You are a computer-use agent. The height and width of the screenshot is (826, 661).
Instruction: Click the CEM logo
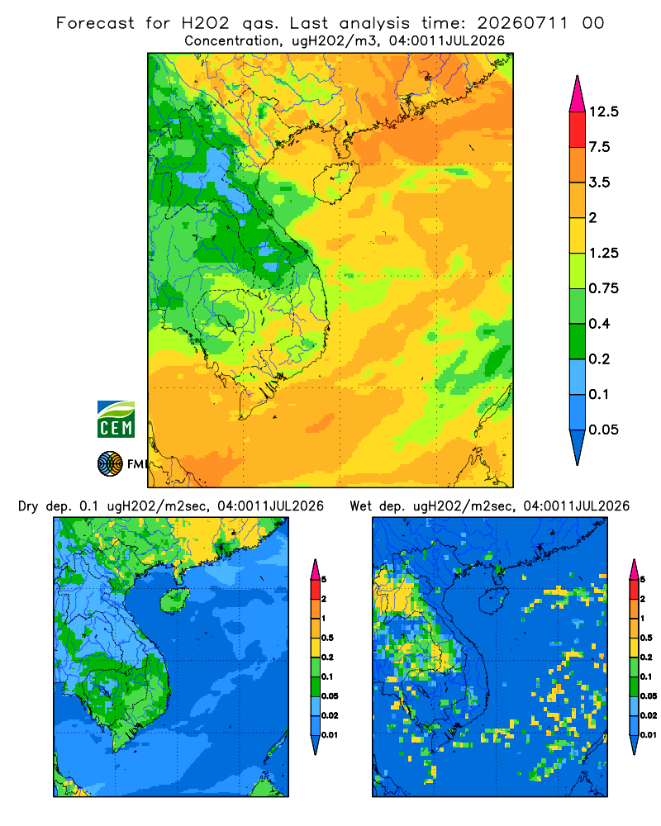coord(116,420)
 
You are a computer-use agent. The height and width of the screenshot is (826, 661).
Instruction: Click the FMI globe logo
coord(110,464)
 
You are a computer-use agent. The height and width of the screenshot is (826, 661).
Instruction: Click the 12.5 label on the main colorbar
coord(603,112)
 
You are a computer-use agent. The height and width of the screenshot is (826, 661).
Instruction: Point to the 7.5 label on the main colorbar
coord(599,147)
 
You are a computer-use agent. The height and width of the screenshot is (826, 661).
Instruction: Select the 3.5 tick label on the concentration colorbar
coord(599,183)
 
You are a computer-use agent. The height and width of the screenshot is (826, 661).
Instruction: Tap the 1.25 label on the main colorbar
coord(603,253)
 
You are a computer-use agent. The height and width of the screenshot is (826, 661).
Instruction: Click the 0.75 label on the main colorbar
coord(603,288)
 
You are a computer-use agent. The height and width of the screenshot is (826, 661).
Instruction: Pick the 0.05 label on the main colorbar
coord(603,430)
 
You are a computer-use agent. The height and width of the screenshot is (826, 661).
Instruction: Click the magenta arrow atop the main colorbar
coord(578,95)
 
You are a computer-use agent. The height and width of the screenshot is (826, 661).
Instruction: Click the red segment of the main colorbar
coord(578,130)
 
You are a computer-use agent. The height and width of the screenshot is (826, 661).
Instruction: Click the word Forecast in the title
coord(95,23)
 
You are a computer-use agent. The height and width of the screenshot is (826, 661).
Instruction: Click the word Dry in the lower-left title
coord(28,506)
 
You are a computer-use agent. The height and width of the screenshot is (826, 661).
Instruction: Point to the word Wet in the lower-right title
coord(362,506)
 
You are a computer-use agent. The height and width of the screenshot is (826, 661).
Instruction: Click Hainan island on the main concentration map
coord(335,182)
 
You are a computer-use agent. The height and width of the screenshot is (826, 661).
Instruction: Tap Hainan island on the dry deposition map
coord(175,600)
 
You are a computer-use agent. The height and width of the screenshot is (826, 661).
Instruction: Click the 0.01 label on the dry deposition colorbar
coord(330,735)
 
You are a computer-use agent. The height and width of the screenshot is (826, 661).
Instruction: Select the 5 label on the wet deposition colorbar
coord(643,579)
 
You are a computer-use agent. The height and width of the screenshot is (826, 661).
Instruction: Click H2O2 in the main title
coord(206,23)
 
